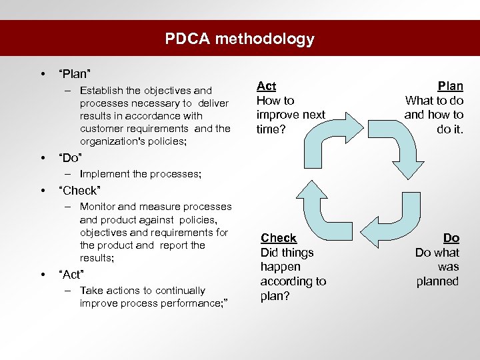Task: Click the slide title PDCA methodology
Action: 240,39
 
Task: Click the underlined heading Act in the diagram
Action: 266,86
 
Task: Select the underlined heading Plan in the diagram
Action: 450,86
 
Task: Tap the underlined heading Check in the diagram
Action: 279,238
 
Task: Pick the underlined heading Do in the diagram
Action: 451,238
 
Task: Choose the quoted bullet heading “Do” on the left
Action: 71,158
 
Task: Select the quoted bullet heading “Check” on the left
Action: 79,190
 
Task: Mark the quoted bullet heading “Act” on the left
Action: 72,274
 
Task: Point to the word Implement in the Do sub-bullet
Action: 105,174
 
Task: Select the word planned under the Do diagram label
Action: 437,281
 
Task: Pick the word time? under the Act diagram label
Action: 270,129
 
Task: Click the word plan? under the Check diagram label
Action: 275,296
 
